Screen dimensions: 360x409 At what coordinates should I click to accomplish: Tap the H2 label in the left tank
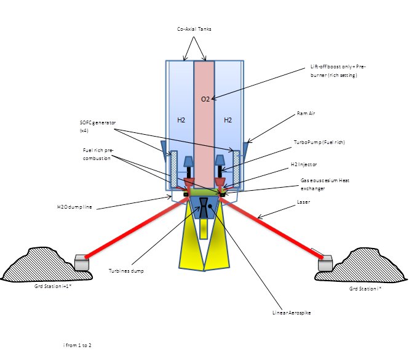tap(181, 120)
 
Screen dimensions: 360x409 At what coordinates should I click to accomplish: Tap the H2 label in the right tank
tap(228, 120)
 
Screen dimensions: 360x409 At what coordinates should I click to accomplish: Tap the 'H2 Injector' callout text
tap(304, 165)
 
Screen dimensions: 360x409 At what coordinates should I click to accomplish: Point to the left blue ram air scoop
tap(164, 148)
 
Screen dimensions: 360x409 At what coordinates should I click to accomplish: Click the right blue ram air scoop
tap(246, 149)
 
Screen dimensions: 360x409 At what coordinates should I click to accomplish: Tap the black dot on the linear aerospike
tap(211, 207)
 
